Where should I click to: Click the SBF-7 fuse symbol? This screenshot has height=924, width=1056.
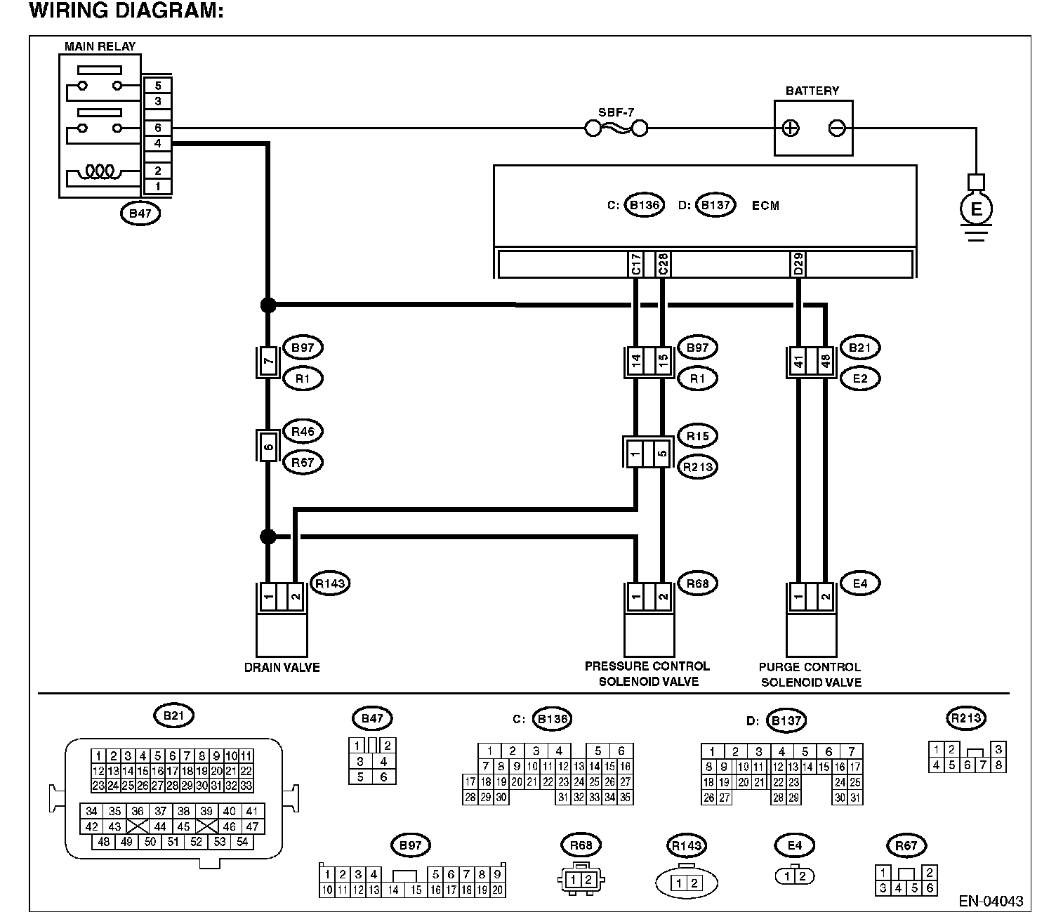click(616, 128)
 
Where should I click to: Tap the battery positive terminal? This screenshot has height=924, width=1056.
click(790, 128)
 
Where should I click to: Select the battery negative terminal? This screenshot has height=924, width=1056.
click(837, 128)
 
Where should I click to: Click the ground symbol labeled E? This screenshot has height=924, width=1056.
click(975, 209)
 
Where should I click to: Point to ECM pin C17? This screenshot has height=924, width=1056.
click(636, 264)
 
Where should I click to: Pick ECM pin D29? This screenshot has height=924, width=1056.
click(798, 264)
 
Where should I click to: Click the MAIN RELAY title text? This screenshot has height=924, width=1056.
click(100, 46)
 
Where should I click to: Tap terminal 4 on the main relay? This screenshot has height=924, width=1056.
click(158, 143)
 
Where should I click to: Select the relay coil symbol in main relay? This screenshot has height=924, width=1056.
click(100, 171)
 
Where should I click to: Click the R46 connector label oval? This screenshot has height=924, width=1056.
click(303, 432)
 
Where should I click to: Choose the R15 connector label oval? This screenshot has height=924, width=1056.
click(697, 436)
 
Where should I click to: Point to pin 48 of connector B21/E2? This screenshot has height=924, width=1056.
click(825, 362)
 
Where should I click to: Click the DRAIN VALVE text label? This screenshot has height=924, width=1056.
click(282, 668)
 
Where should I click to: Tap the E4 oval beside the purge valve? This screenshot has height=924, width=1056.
click(860, 583)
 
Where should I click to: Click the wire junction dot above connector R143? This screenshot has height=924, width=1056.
click(268, 537)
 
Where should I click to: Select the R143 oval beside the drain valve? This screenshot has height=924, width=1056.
click(330, 583)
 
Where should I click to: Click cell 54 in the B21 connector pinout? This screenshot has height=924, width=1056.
click(242, 841)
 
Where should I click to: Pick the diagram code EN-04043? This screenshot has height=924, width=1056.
click(991, 901)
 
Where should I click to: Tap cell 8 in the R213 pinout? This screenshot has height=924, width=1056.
click(998, 765)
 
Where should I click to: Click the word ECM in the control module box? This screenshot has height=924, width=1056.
click(765, 206)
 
